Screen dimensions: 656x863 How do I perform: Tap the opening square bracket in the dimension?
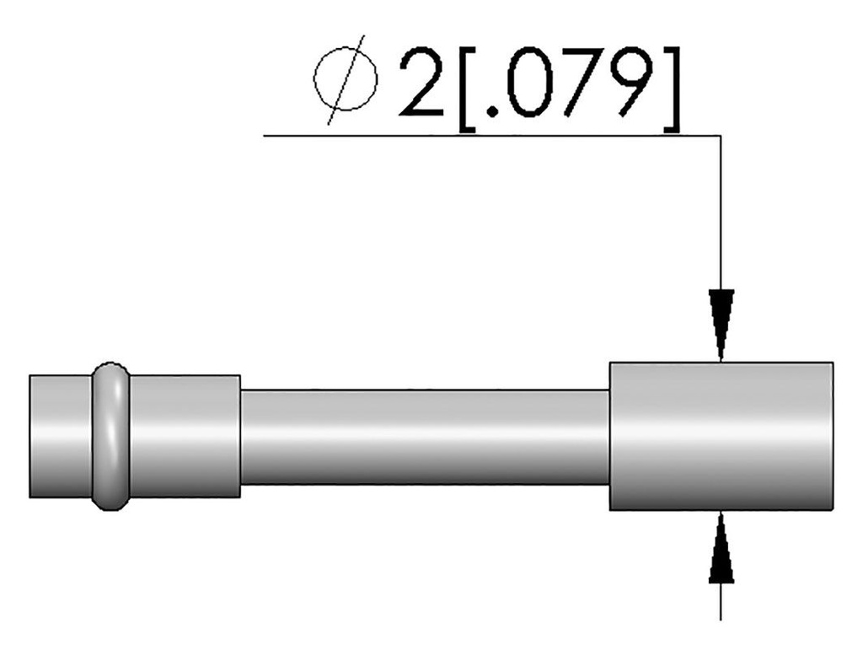point(467,88)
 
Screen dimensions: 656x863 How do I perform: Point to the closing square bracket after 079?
point(670,88)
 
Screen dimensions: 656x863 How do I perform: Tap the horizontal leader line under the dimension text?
point(489,135)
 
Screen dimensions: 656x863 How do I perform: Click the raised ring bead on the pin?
point(110,437)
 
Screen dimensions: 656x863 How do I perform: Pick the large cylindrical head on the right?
point(721,437)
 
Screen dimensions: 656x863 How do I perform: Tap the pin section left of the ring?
point(60,437)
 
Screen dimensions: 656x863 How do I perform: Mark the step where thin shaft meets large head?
point(608,437)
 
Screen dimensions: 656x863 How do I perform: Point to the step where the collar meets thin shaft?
point(241,437)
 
